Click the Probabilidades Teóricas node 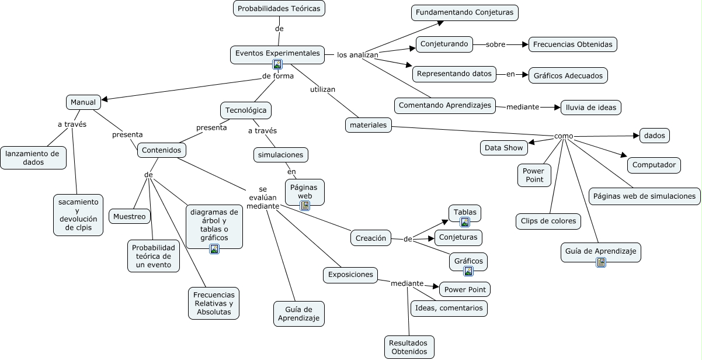coord(279,9)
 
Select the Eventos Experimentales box coord(277,53)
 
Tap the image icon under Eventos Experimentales coord(277,64)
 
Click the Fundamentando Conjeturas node coord(464,12)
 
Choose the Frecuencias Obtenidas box coord(572,44)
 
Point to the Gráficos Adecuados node coord(568,75)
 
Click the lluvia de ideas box coord(590,108)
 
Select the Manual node coord(83,102)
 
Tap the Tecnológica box coord(246,110)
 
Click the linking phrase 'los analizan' coord(357,55)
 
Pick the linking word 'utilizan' coord(322,89)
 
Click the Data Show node coord(504,148)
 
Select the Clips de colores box coord(548,221)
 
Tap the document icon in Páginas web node coord(305,206)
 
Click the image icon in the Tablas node coord(465,222)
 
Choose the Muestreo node coord(129,216)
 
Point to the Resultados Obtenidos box coord(409,347)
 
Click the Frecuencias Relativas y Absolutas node coord(213,303)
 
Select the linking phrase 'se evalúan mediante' coord(262,198)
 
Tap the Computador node coord(654,165)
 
